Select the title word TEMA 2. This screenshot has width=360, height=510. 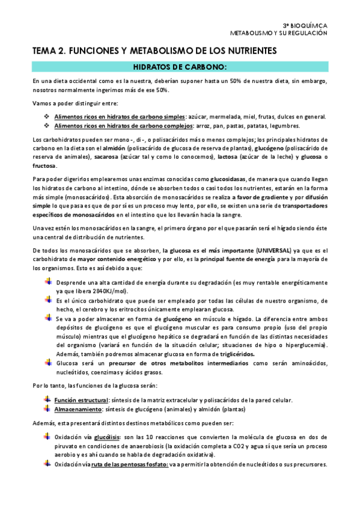pos(50,52)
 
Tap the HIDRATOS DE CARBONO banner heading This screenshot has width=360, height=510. pos(179,67)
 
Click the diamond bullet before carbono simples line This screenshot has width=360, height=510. pos(47,116)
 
